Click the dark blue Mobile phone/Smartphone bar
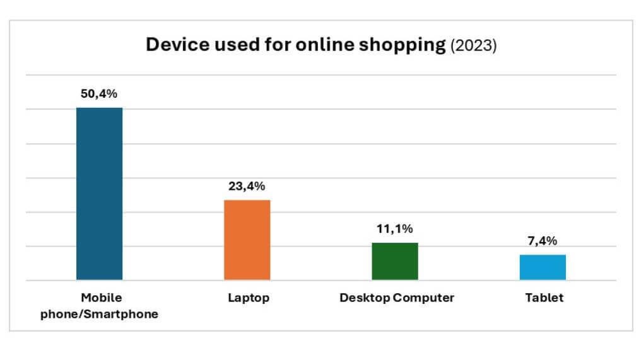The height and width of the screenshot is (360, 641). click(x=99, y=194)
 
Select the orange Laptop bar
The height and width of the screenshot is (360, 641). click(x=247, y=240)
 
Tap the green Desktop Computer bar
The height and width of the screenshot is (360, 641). click(x=395, y=261)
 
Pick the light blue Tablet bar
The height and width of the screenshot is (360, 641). click(x=543, y=267)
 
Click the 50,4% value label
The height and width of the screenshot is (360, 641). click(x=99, y=94)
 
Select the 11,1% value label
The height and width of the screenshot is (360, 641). click(x=395, y=229)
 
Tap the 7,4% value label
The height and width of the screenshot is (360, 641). click(x=543, y=241)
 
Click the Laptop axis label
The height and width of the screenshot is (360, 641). click(x=248, y=298)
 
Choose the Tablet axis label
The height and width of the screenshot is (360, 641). click(x=544, y=298)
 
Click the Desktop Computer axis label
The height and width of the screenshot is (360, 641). click(x=396, y=298)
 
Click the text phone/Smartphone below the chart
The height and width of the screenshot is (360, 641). click(x=99, y=314)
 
